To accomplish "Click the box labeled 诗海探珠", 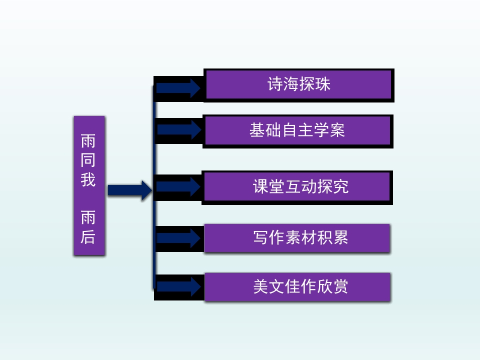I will click(x=298, y=85).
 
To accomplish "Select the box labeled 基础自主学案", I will click(x=297, y=131).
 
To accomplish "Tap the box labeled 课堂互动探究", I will click(x=297, y=187).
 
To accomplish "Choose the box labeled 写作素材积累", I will click(x=297, y=238).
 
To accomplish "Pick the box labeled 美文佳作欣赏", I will click(x=297, y=287).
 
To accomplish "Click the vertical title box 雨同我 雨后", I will click(x=89, y=186).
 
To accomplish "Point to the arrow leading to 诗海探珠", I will click(x=178, y=87).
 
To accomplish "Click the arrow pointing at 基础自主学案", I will click(x=179, y=129).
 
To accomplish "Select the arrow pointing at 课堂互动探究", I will click(x=178, y=186).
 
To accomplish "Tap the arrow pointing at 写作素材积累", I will click(x=178, y=238).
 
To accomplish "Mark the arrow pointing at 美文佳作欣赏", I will click(x=178, y=287).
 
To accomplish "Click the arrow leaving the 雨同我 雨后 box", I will click(x=129, y=190).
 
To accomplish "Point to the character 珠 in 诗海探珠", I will click(x=323, y=84).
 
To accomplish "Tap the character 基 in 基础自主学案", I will click(x=257, y=130).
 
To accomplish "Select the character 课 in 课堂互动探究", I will click(x=261, y=187).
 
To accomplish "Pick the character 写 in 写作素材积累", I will click(x=261, y=237).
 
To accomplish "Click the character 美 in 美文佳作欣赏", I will click(x=261, y=286).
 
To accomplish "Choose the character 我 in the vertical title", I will click(x=88, y=179).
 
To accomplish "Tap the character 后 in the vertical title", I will click(x=88, y=236).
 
